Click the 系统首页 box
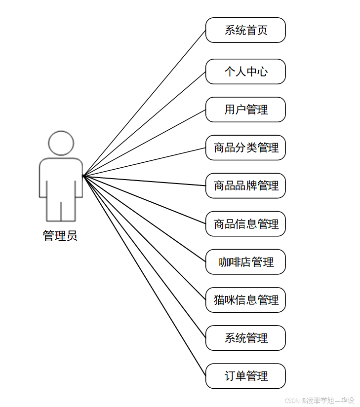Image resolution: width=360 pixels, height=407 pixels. click(245, 30)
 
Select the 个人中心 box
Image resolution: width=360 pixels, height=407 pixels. click(245, 72)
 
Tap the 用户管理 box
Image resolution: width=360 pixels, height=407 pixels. click(245, 110)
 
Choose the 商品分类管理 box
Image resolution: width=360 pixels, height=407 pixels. click(245, 148)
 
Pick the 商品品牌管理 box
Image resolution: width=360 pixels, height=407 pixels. click(245, 185)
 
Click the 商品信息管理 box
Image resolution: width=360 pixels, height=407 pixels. click(245, 224)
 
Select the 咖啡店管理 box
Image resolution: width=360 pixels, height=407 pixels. click(245, 262)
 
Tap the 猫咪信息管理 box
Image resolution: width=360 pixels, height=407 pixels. click(245, 300)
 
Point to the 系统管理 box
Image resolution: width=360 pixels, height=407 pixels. click(245, 338)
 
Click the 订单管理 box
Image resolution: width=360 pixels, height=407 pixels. click(245, 376)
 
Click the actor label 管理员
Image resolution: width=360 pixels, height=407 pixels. click(60, 236)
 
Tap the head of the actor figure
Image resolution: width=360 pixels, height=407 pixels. click(61, 143)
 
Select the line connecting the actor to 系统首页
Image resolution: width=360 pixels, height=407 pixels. click(144, 103)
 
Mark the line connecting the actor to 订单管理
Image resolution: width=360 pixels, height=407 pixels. click(144, 276)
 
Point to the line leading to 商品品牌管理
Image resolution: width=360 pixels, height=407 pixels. click(144, 181)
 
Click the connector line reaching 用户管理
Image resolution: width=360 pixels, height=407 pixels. click(144, 142)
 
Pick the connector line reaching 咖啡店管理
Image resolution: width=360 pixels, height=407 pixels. click(144, 219)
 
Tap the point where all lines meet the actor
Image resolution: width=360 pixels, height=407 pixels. click(83, 175)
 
